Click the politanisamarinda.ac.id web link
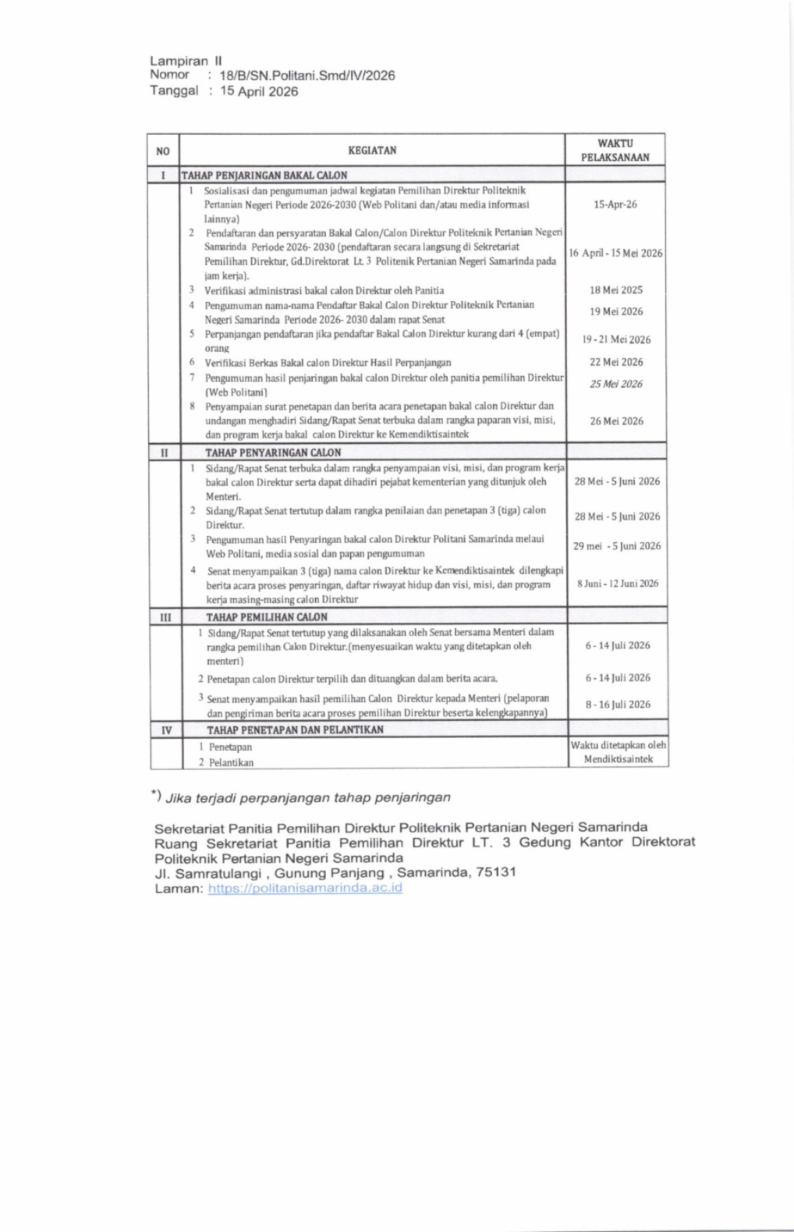click(x=305, y=888)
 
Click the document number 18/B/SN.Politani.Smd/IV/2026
click(x=307, y=76)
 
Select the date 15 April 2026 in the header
click(x=259, y=92)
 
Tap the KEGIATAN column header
click(x=372, y=151)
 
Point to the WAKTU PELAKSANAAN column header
click(x=615, y=151)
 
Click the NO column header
click(x=163, y=151)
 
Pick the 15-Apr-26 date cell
click(x=615, y=205)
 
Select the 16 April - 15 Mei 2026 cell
click(x=615, y=253)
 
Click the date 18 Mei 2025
click(x=616, y=290)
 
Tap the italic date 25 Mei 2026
click(x=616, y=384)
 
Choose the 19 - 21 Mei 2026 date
click(x=616, y=339)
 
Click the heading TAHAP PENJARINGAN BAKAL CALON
click(x=264, y=175)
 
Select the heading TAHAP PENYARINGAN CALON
click(x=273, y=452)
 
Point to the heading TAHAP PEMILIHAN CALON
click(x=267, y=617)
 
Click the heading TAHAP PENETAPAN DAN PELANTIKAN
click(x=295, y=730)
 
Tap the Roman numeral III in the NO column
click(x=166, y=617)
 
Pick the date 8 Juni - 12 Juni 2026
click(x=617, y=584)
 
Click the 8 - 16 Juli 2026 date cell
click(x=617, y=704)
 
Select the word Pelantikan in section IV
click(x=231, y=762)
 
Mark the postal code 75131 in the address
click(x=496, y=873)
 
